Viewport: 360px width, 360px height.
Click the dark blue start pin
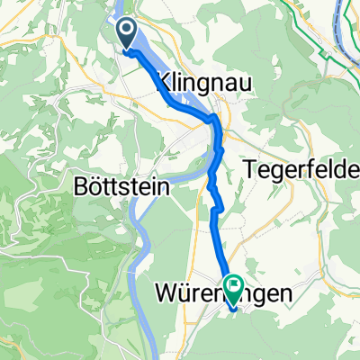[x=126, y=34]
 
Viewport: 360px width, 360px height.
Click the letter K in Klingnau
[x=165, y=83]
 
